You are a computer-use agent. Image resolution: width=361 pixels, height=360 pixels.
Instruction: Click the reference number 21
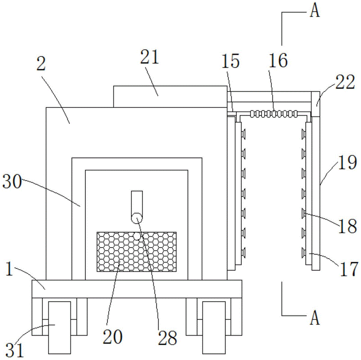coord(150,57)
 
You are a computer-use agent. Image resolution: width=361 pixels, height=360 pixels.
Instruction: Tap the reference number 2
coord(41,64)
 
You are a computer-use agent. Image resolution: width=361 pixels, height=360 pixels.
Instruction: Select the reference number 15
coord(230,61)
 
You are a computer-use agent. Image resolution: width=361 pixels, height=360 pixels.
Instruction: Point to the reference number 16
coord(278,60)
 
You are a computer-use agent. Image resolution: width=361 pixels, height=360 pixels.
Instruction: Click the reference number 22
coord(345,82)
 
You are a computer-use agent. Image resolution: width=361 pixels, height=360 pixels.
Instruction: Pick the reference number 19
coord(347,162)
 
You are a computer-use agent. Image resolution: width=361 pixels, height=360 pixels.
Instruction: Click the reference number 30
coord(12,181)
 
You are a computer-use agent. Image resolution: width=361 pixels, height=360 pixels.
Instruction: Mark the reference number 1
coord(9,269)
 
